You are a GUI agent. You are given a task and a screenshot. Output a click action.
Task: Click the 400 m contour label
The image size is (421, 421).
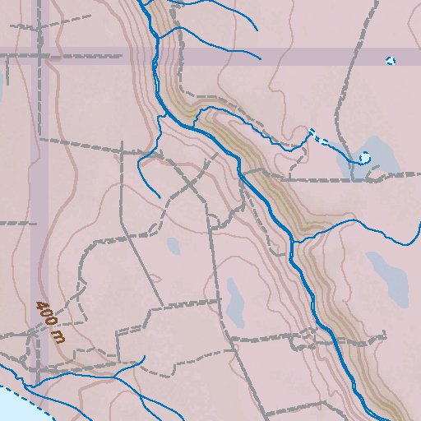click(49, 322)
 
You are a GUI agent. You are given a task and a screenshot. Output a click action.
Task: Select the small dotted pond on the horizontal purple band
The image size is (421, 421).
click(391, 60)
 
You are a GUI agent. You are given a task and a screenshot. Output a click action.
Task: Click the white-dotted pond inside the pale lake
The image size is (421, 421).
click(363, 157)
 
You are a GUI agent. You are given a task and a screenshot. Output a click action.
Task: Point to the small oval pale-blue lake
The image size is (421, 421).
click(173, 245)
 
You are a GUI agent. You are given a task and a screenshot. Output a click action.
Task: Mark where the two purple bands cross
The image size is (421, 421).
click(39, 56)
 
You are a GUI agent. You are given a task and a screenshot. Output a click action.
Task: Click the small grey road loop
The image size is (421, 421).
click(213, 221)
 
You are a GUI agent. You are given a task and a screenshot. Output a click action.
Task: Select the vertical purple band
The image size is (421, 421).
click(39, 206)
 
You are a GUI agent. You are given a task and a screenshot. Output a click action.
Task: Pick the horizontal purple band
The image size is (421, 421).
click(247, 56)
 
